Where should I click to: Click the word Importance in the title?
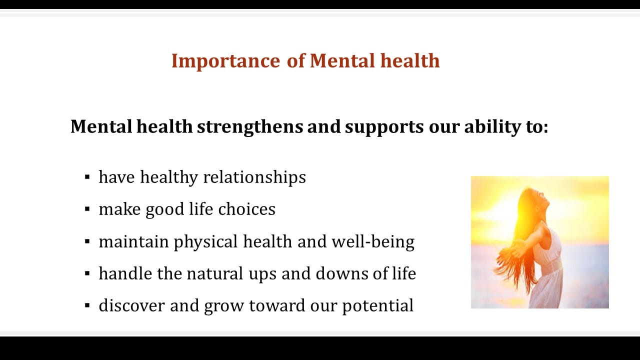pyautogui.click(x=225, y=61)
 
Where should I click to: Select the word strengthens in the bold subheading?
pyautogui.click(x=250, y=127)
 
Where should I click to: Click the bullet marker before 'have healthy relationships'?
pyautogui.click(x=87, y=177)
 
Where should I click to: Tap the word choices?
pyautogui.click(x=247, y=209)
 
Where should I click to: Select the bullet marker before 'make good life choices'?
pyautogui.click(x=87, y=209)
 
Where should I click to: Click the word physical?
pyautogui.click(x=205, y=242)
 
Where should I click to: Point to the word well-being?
pyautogui.click(x=373, y=242)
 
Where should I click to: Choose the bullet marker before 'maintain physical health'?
pyautogui.click(x=87, y=241)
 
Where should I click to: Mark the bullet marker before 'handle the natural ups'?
pyautogui.click(x=87, y=273)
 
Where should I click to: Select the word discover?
pyautogui.click(x=131, y=305)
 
